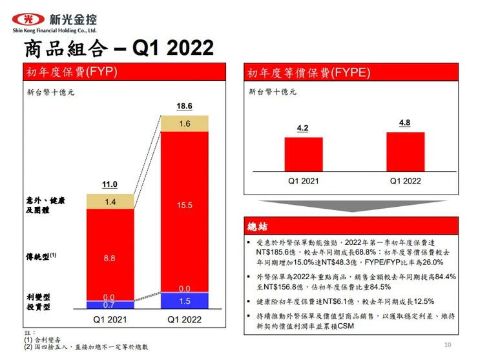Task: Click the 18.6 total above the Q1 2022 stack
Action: [185, 105]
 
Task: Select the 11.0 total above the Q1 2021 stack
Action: [110, 185]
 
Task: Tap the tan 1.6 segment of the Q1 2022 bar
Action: [185, 123]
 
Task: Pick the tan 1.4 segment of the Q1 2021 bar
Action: [110, 202]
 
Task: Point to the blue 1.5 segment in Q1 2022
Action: [185, 301]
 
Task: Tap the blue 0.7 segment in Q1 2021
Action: [110, 304]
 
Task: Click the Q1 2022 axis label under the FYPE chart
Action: [405, 181]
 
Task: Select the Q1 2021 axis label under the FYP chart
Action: [110, 319]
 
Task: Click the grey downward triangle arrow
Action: [350, 206]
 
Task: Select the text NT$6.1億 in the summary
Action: [346, 301]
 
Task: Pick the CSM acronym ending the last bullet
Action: [345, 326]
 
